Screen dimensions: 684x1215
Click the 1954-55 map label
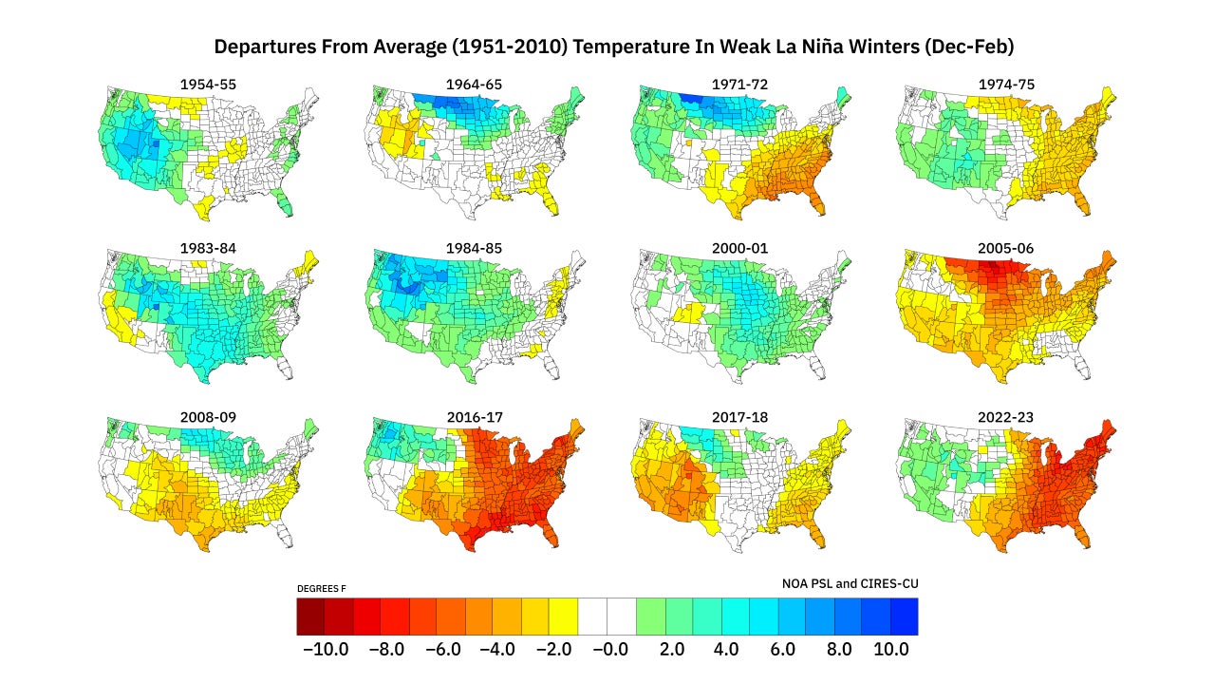[208, 85]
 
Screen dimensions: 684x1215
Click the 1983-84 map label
[208, 248]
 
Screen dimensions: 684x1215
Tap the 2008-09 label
[208, 416]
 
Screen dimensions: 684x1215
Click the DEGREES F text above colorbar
[322, 589]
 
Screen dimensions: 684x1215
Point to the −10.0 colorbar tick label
[325, 650]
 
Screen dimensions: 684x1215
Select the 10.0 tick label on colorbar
[890, 650]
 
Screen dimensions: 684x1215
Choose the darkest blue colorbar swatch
[904, 616]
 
